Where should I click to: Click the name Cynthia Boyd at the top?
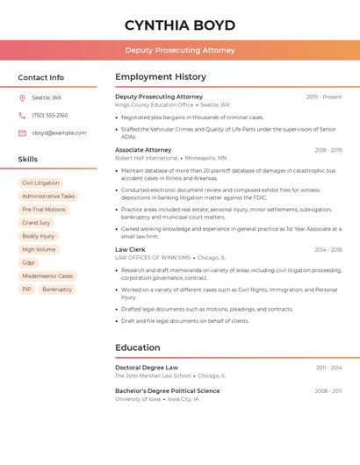180,25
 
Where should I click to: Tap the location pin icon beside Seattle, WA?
22,98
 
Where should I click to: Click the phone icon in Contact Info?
22,116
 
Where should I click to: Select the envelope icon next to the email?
22,133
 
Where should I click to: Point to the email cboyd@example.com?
59,133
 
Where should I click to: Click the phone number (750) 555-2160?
50,116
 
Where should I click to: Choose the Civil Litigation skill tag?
40,183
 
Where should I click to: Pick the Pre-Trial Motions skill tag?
44,210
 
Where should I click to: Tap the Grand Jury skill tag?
36,223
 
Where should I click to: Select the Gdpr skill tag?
29,262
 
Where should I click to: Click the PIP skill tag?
26,289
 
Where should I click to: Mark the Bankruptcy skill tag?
57,289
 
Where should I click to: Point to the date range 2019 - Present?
324,97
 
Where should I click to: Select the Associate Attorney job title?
143,150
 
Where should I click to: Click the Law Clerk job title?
130,249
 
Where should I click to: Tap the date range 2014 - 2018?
328,249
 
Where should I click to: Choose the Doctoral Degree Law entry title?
147,368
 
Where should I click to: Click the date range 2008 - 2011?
328,391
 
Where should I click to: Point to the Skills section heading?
28,160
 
